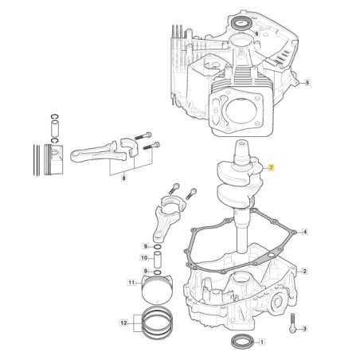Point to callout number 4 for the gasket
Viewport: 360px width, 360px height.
[x=305, y=232]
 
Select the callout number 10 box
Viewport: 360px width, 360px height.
[x=145, y=257]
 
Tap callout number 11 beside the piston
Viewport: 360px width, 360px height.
[x=131, y=282]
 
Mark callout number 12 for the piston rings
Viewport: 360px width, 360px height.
[x=123, y=323]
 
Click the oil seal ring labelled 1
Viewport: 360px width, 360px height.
[x=245, y=342]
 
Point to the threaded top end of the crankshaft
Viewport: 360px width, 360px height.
[x=241, y=148]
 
